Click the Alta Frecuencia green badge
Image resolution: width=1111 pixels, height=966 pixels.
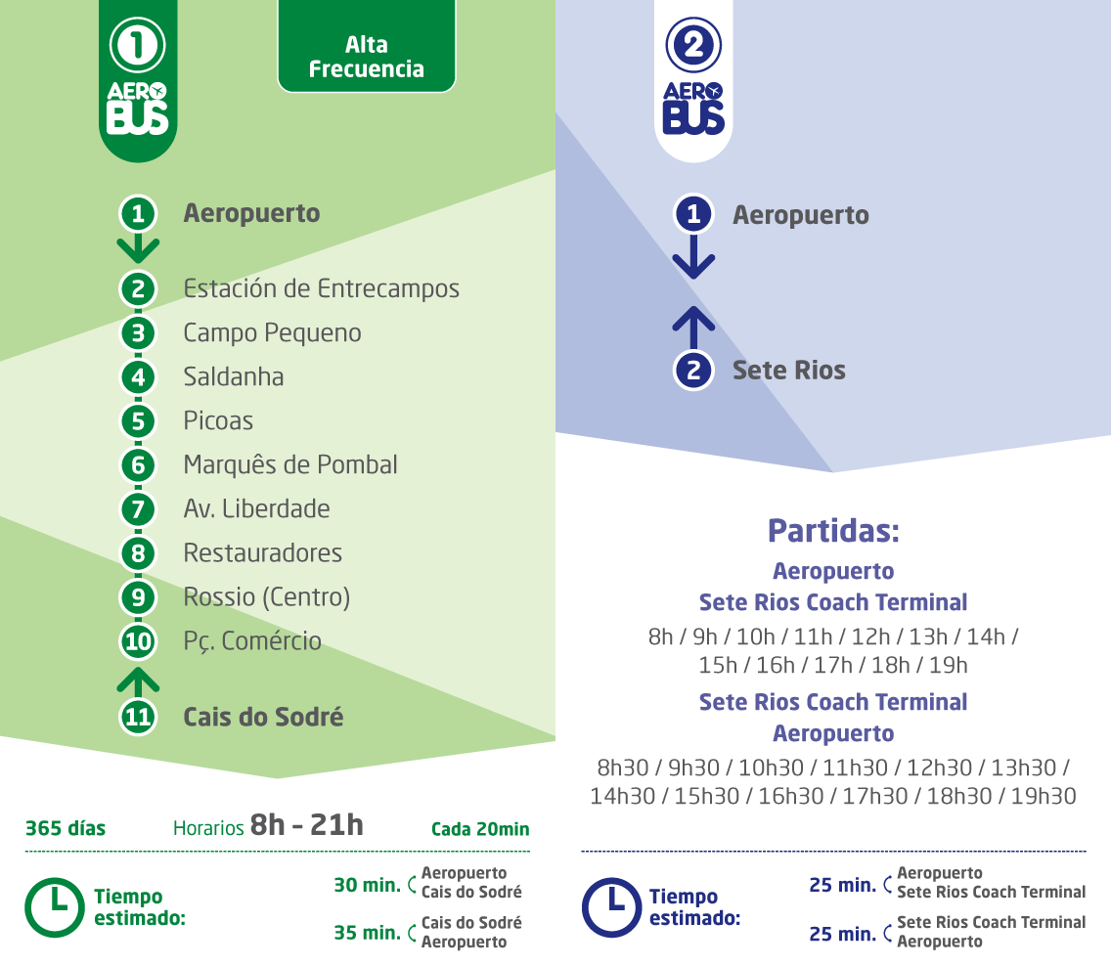(x=367, y=46)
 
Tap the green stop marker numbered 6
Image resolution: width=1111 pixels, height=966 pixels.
(x=138, y=465)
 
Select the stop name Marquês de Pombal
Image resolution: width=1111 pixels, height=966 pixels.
(x=290, y=464)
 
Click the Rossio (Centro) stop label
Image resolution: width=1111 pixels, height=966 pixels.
(x=266, y=597)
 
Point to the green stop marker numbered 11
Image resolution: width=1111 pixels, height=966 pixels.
(x=138, y=717)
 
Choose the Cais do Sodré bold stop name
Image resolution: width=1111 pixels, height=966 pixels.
(x=263, y=717)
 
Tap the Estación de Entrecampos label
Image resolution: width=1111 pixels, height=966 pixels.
(x=321, y=288)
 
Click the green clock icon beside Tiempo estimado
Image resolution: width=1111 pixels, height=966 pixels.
(x=55, y=907)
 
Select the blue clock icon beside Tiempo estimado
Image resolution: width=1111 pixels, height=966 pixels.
(x=611, y=907)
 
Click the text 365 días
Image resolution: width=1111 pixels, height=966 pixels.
(x=66, y=828)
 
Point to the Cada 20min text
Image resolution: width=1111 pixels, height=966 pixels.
(x=480, y=828)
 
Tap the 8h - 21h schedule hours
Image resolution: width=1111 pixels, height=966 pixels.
(x=307, y=825)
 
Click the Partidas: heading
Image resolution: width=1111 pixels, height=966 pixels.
(x=833, y=531)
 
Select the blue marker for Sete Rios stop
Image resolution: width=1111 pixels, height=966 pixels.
(x=693, y=371)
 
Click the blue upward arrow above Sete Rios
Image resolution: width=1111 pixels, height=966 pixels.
(x=693, y=328)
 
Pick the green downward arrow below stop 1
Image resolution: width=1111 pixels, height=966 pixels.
(x=138, y=248)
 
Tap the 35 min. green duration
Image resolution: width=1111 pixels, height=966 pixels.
(x=368, y=933)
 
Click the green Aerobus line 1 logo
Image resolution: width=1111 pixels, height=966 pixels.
(x=138, y=79)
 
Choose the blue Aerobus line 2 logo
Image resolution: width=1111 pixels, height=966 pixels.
(x=693, y=79)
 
